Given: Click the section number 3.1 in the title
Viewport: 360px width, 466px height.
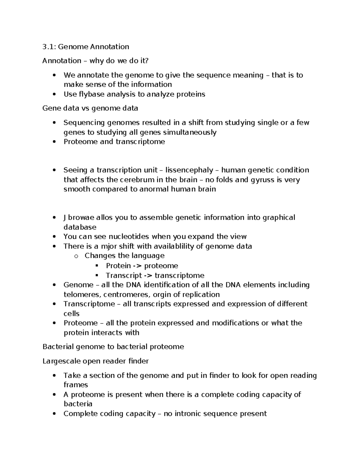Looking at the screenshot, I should pos(49,47).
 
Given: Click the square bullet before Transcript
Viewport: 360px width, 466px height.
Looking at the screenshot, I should pos(97,275).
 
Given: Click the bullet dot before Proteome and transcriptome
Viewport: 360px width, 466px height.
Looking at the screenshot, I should pos(54,142).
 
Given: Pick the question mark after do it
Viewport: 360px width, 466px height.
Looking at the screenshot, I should pos(147,61).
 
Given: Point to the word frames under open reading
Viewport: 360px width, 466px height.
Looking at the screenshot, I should pos(76,385).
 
